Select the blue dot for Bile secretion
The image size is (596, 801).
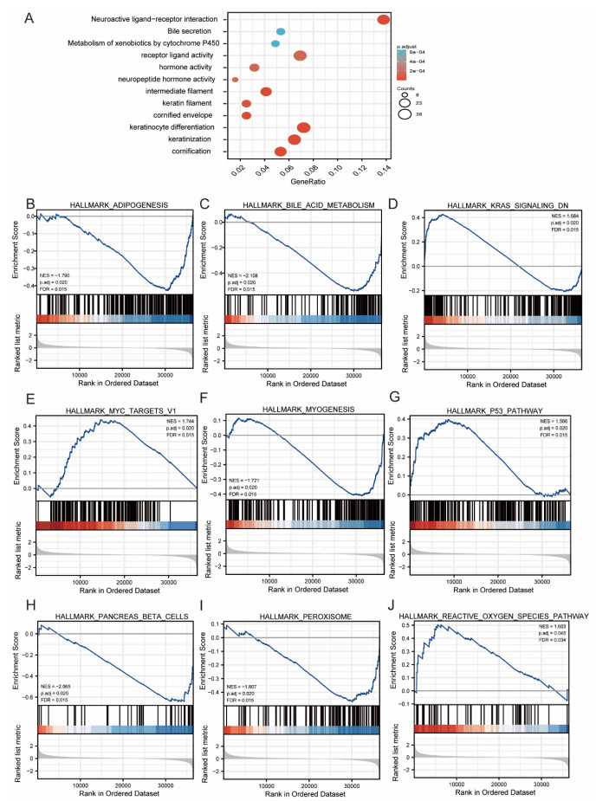(x=281, y=31)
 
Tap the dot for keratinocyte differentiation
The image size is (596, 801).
(x=304, y=127)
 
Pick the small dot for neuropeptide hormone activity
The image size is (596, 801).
(x=235, y=80)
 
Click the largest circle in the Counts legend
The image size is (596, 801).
(x=405, y=113)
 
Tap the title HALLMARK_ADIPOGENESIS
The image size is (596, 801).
(x=119, y=204)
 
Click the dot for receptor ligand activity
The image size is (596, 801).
(x=300, y=55)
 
